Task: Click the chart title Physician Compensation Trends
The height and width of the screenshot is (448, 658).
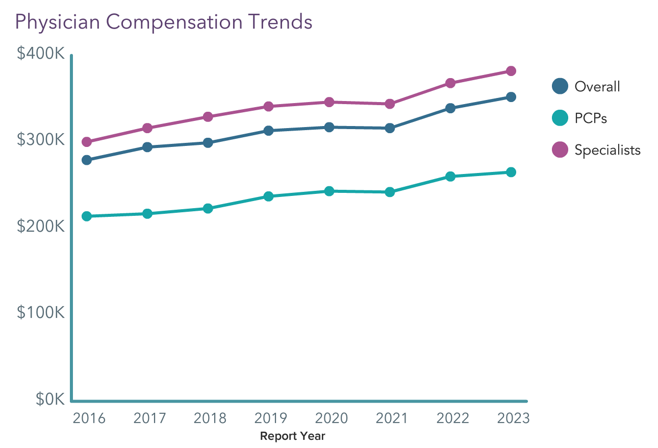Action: (x=164, y=22)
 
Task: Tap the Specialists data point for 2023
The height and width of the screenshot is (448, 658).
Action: (x=511, y=71)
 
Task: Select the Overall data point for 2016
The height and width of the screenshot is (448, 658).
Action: (x=87, y=160)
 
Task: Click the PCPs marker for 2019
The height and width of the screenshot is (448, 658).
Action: (x=268, y=196)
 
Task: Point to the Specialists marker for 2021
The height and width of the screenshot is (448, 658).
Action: (x=390, y=104)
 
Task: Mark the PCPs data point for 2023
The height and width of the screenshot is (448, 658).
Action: (x=511, y=172)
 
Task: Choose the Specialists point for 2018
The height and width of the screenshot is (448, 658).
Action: (x=208, y=117)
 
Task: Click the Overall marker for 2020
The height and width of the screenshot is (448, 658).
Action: (x=329, y=127)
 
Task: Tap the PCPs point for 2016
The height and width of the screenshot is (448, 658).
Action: (x=87, y=216)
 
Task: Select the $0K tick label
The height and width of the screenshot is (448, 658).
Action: (x=50, y=400)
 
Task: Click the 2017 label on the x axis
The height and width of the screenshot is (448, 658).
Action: (x=149, y=418)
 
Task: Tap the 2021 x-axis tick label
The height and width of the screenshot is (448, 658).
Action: (x=392, y=418)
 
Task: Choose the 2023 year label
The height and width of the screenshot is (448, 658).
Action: (x=513, y=418)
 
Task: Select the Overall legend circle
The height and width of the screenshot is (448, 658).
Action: (x=560, y=86)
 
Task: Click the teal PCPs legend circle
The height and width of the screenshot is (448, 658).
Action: (x=560, y=118)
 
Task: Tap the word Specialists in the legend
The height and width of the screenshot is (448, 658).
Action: (x=608, y=150)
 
